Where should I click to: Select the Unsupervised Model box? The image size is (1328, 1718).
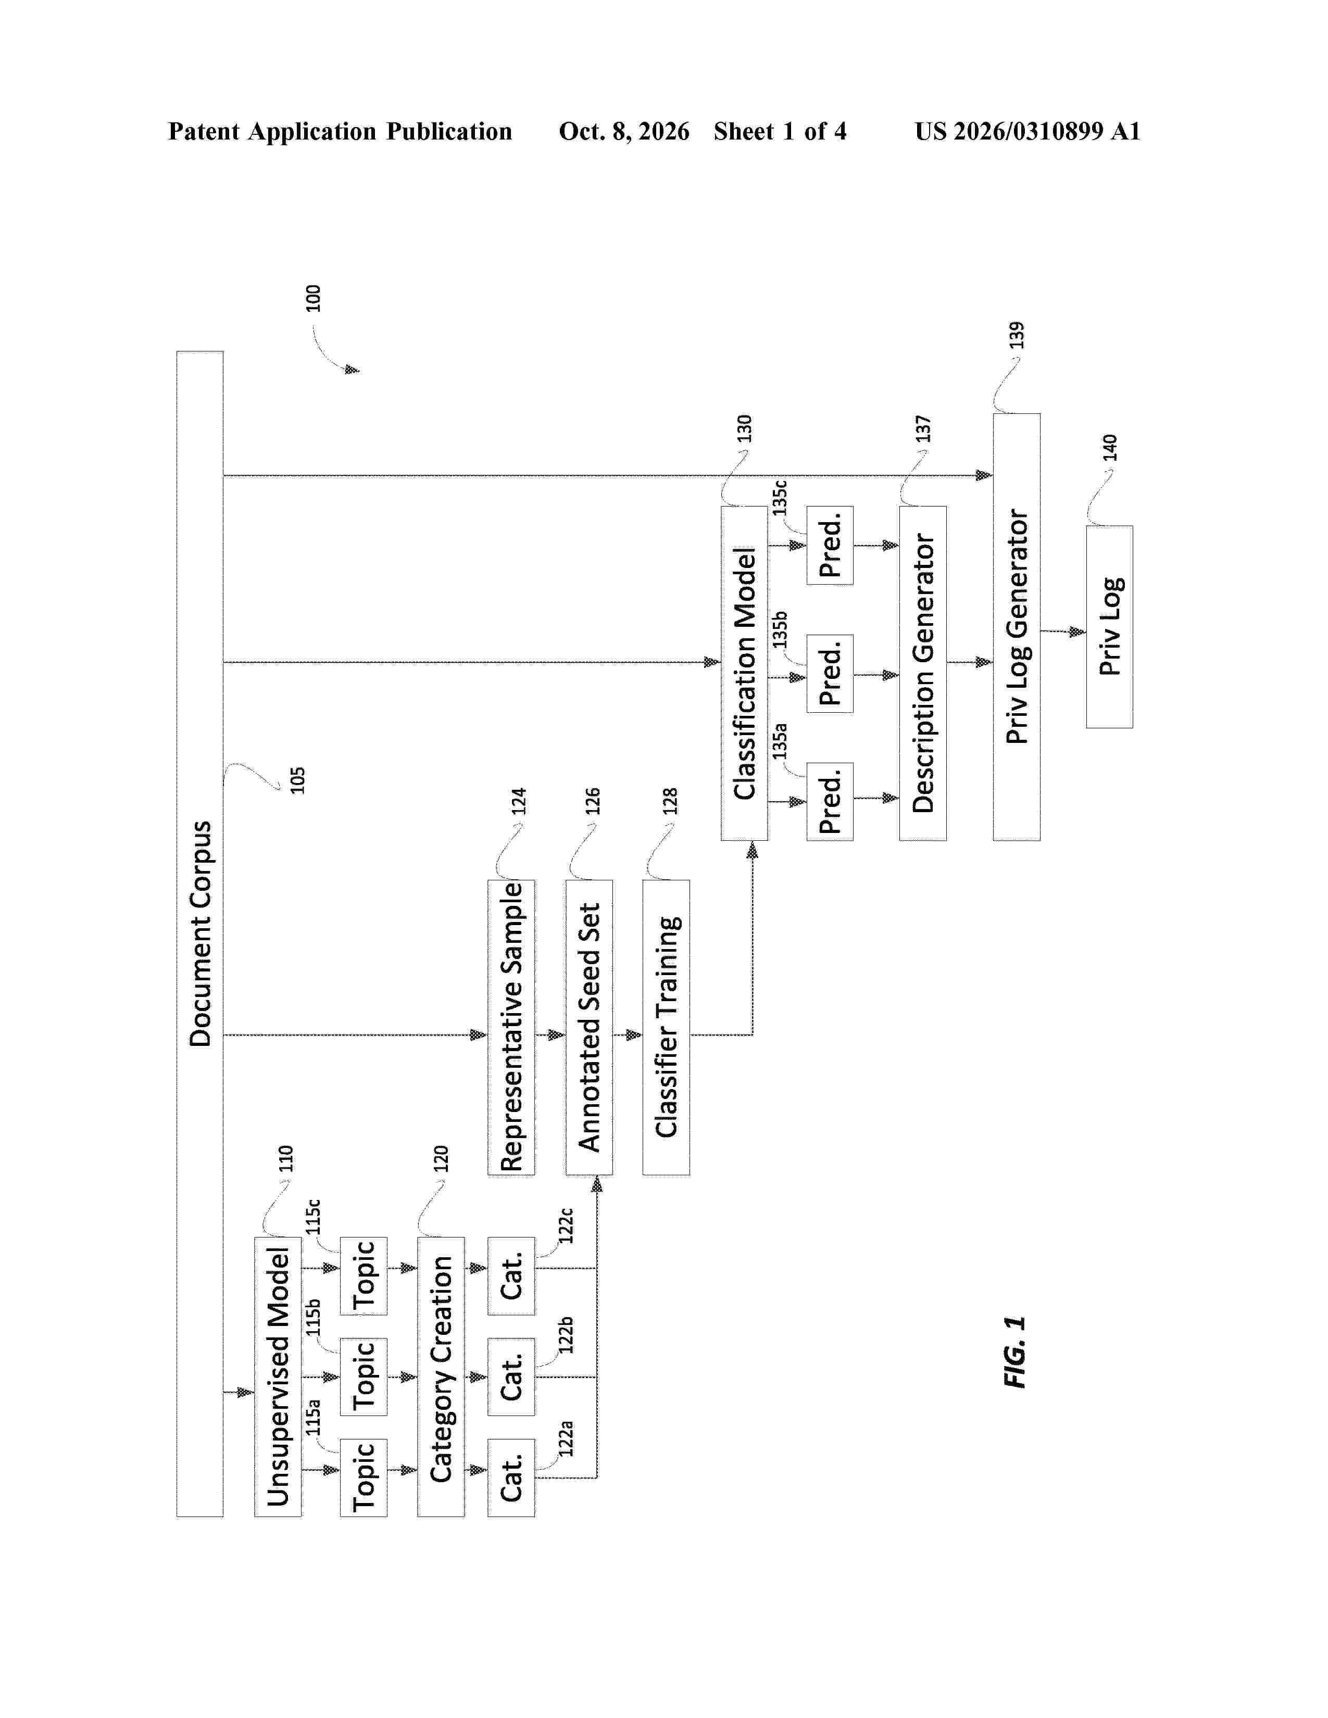[x=278, y=1376]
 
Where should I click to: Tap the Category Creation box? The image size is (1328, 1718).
[x=441, y=1376]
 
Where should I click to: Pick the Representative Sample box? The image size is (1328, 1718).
[x=511, y=1027]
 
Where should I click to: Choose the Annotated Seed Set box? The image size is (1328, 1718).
[x=588, y=1027]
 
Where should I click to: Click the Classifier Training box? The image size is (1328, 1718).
[x=667, y=1027]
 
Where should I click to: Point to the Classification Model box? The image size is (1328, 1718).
[x=744, y=673]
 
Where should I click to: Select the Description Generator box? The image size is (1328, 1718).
[x=923, y=673]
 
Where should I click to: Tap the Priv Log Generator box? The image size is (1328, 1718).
[x=1017, y=627]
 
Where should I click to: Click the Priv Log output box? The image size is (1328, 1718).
[x=1109, y=627]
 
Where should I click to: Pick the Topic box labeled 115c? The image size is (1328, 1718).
[x=364, y=1276]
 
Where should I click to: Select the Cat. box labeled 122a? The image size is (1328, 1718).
[x=511, y=1478]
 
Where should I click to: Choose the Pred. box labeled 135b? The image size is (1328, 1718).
[x=830, y=673]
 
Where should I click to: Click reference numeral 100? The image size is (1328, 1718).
[x=313, y=298]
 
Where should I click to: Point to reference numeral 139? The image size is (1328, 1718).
[x=1017, y=335]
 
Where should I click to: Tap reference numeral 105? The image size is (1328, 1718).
[x=297, y=780]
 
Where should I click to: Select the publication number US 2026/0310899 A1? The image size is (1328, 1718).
[x=1028, y=131]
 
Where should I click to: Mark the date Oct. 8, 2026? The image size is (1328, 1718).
[x=624, y=131]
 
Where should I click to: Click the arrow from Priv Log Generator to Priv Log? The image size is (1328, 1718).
[x=1063, y=631]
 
